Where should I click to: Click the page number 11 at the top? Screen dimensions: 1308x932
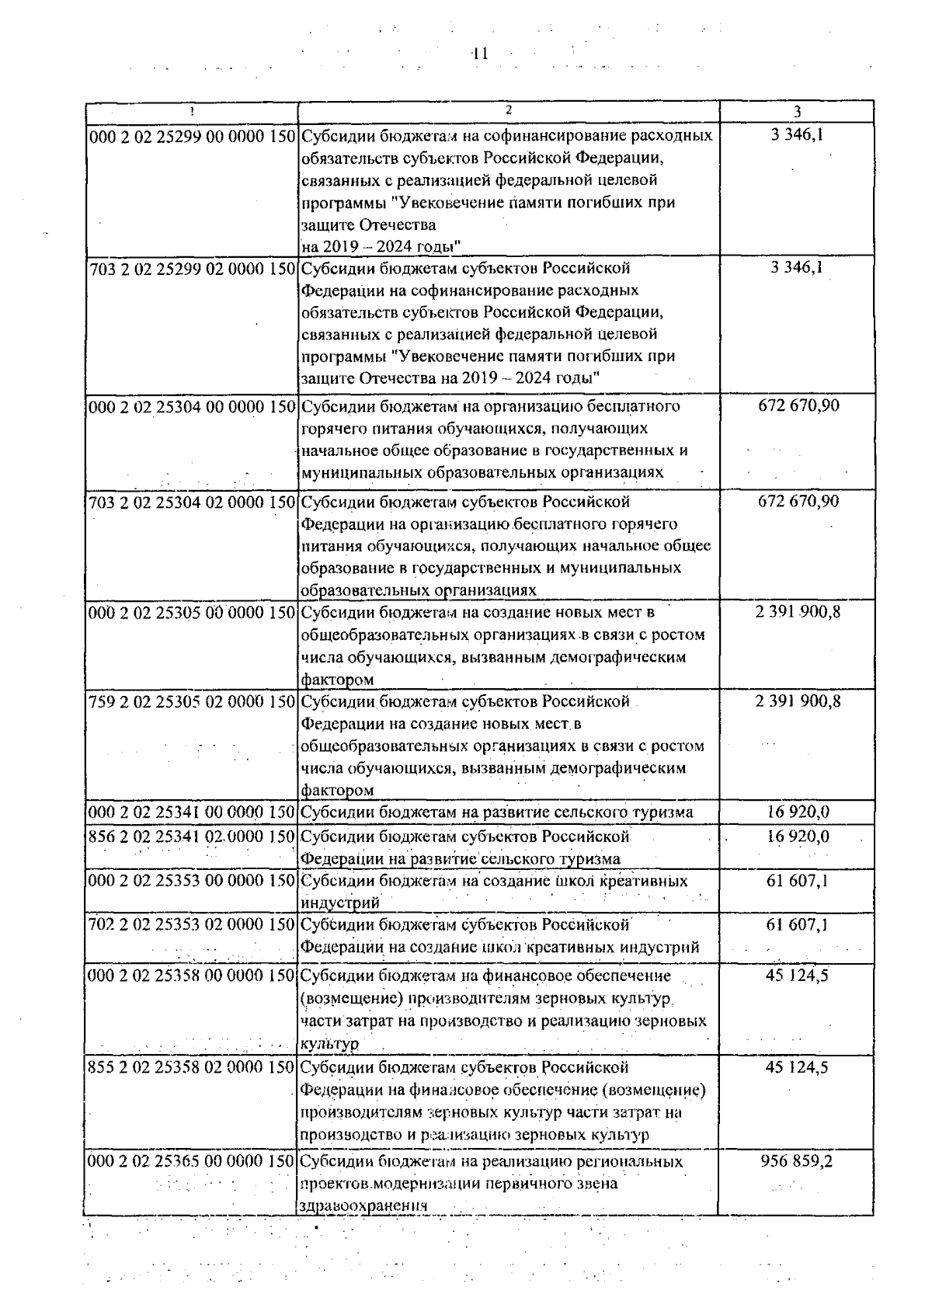(479, 54)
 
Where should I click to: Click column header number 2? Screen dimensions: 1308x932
(509, 110)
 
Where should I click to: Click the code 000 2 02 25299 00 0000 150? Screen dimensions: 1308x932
(192, 136)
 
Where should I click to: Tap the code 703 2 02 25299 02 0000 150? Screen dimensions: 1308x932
(192, 269)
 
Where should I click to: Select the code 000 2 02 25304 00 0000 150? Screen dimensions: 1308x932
(192, 406)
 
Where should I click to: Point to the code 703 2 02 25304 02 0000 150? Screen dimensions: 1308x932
(192, 502)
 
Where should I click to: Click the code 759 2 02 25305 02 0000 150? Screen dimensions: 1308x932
(192, 702)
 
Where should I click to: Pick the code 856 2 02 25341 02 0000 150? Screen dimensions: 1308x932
(192, 837)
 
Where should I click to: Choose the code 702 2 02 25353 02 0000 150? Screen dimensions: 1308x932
(192, 925)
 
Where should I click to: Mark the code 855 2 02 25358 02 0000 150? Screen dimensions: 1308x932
(192, 1068)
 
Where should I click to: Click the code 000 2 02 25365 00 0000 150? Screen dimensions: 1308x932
(192, 1162)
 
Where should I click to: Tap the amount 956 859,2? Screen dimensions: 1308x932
(798, 1162)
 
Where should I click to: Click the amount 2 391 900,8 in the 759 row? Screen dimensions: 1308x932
(798, 701)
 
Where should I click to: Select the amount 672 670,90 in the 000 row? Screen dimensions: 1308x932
(798, 405)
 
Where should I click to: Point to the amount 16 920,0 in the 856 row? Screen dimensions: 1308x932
(798, 837)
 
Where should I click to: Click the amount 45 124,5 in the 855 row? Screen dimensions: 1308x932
(798, 1067)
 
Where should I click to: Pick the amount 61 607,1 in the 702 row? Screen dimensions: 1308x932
(798, 924)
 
